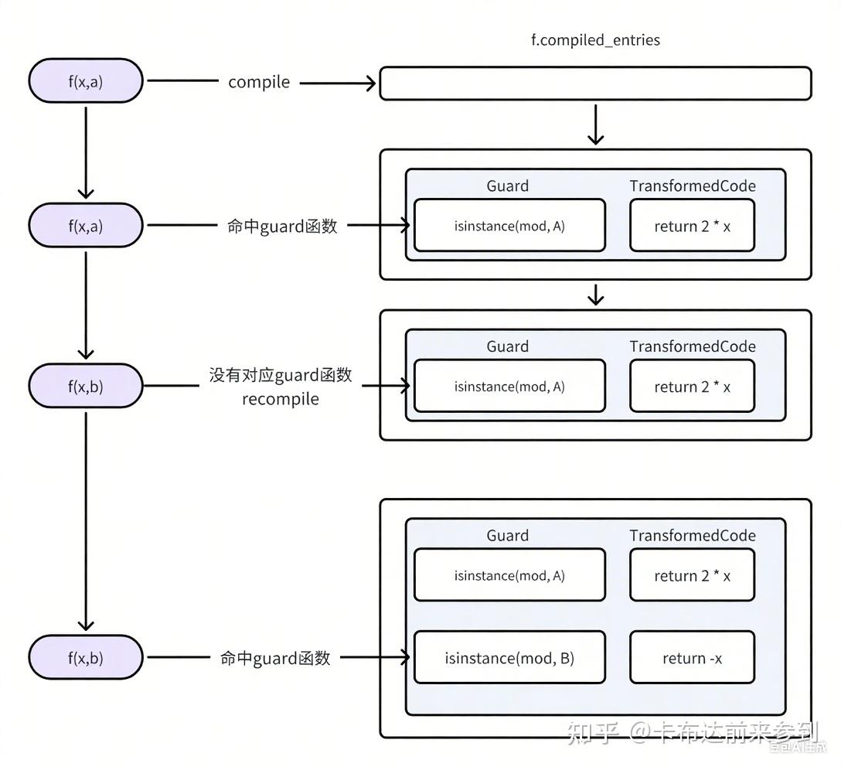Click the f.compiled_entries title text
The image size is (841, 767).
pyautogui.click(x=595, y=40)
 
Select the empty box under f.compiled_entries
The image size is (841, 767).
pyautogui.click(x=595, y=84)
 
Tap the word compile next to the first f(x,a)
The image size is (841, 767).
pyautogui.click(x=259, y=82)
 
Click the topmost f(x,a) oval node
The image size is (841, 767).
pyautogui.click(x=86, y=81)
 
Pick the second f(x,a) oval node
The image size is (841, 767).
pyautogui.click(x=86, y=226)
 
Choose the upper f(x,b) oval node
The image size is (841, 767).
pyautogui.click(x=86, y=386)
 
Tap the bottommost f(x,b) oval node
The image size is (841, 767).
pyautogui.click(x=86, y=658)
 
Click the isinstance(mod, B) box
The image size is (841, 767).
pyautogui.click(x=509, y=658)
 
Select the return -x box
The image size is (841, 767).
pyautogui.click(x=692, y=658)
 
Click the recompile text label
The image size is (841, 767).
pyautogui.click(x=280, y=400)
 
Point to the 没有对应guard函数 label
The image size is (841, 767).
pyautogui.click(x=280, y=375)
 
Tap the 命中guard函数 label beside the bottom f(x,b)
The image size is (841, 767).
pyautogui.click(x=275, y=658)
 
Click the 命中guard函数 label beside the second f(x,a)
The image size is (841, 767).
pyautogui.click(x=282, y=227)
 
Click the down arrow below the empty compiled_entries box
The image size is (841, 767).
pyautogui.click(x=595, y=124)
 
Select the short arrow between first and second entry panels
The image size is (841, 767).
pyautogui.click(x=595, y=295)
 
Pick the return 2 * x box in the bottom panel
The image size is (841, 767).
pyautogui.click(x=692, y=575)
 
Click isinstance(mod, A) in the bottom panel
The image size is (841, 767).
pyautogui.click(x=509, y=575)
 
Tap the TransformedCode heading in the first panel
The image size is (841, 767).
pyautogui.click(x=692, y=186)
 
